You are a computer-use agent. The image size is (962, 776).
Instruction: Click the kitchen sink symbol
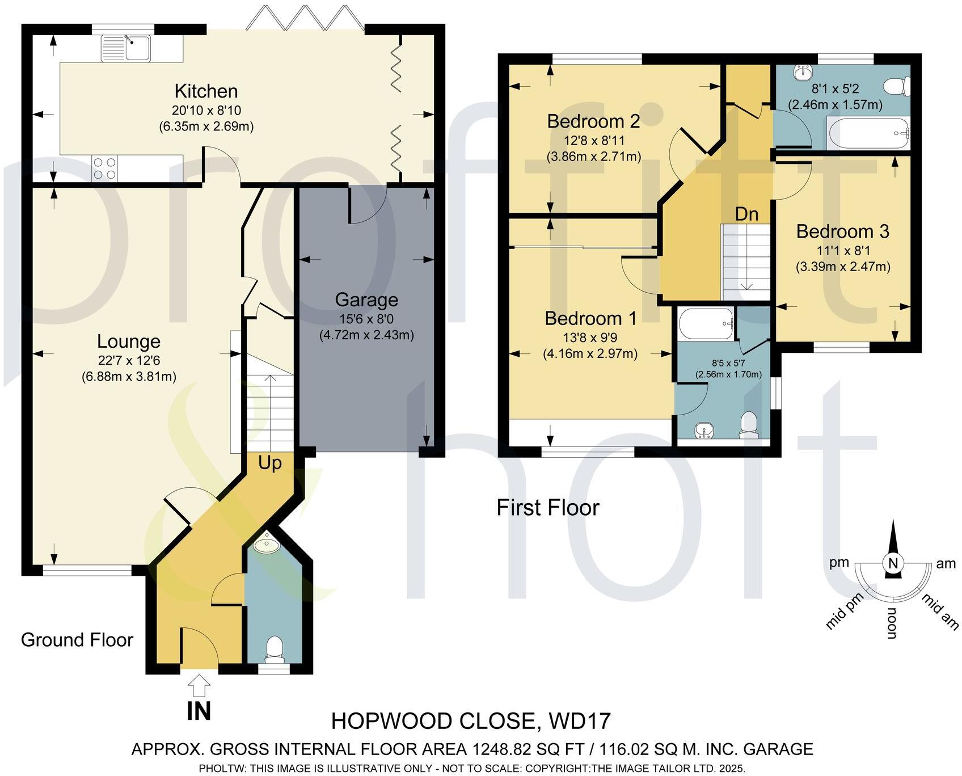point(126,48)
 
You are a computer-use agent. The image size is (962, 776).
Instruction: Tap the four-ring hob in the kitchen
point(104,167)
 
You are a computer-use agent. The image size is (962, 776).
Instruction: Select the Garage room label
point(366,300)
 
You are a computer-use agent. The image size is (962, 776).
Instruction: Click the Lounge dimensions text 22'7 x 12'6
point(129,360)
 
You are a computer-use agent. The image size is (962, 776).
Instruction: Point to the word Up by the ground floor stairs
point(270,463)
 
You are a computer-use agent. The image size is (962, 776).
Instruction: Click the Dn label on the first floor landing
point(746,214)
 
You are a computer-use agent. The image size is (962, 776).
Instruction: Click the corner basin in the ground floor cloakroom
point(265,545)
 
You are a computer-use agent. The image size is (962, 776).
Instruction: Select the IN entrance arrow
point(199,688)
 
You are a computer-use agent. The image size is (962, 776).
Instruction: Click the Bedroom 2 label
point(593,121)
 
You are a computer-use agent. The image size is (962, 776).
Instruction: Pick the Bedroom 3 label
point(842,231)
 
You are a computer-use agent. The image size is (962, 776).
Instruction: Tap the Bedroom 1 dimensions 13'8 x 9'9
point(590,338)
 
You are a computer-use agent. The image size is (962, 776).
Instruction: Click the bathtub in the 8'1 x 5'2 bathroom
point(869,133)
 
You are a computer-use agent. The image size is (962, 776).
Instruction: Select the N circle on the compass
point(893,563)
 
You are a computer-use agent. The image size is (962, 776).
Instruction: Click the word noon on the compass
point(892,623)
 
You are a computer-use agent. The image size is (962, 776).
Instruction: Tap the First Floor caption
point(547,507)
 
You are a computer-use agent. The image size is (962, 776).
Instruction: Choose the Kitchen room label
point(206,91)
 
